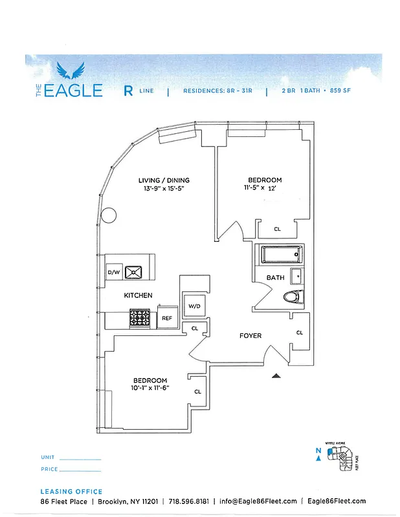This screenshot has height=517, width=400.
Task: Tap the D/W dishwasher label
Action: [x=113, y=273]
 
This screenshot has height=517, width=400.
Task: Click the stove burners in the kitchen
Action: [x=140, y=318]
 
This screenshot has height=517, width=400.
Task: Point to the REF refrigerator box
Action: [x=166, y=318]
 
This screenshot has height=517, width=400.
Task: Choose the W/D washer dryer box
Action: [x=194, y=306]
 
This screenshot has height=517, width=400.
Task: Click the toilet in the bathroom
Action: [x=293, y=297]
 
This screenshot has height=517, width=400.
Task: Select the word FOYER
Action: [x=250, y=335]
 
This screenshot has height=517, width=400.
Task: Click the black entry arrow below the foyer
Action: [x=276, y=375]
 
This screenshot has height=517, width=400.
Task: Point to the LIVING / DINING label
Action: [x=164, y=180]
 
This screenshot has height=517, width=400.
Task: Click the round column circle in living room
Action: [x=109, y=215]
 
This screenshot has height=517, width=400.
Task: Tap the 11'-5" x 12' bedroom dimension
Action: [x=265, y=188]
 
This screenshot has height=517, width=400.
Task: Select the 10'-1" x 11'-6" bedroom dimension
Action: [x=150, y=388]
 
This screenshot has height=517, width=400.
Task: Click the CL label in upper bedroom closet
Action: [x=277, y=229]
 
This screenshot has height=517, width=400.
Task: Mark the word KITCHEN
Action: [x=139, y=295]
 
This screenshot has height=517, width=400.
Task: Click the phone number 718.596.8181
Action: [x=190, y=501]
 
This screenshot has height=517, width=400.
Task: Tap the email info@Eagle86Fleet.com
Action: [x=258, y=501]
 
